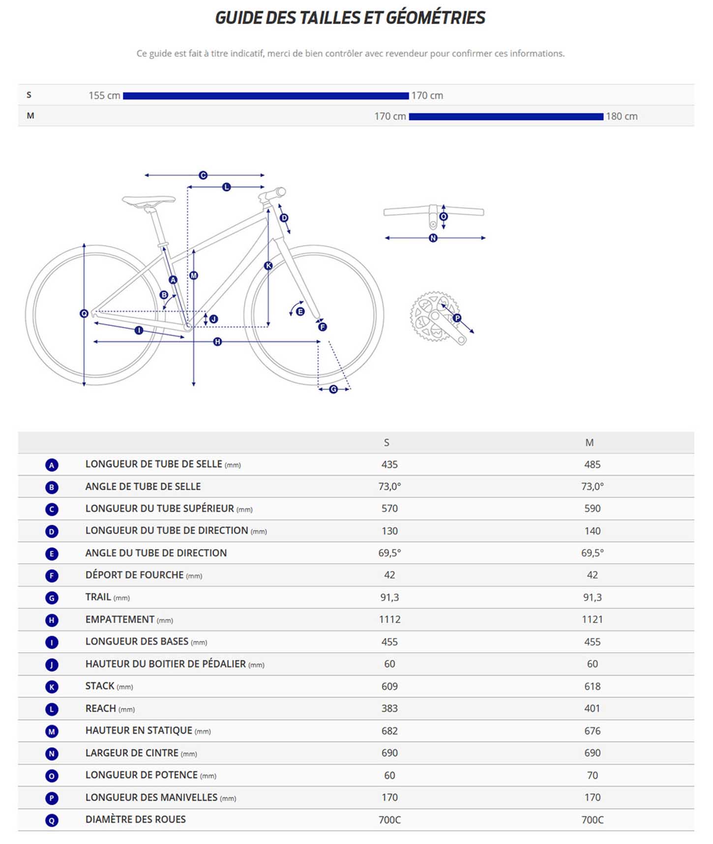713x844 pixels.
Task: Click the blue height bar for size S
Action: [x=266, y=96]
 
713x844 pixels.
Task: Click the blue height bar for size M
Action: [x=505, y=117]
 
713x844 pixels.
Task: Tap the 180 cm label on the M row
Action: [x=622, y=117]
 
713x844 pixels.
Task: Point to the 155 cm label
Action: [x=104, y=96]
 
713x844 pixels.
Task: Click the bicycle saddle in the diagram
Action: [x=149, y=200]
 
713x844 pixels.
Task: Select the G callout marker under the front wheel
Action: [x=333, y=390]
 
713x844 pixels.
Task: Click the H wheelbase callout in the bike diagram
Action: [x=217, y=342]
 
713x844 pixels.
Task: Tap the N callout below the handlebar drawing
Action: [x=433, y=238]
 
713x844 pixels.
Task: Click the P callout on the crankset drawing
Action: [x=457, y=318]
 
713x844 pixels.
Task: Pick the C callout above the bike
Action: [x=203, y=175]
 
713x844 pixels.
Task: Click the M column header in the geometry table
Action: [x=589, y=443]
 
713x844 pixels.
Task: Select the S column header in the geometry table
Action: [x=386, y=443]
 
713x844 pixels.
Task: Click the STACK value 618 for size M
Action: [x=592, y=687]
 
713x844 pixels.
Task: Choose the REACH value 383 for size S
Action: [x=389, y=709]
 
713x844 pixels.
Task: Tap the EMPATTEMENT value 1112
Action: [x=389, y=620]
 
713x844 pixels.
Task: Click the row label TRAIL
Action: [x=98, y=597]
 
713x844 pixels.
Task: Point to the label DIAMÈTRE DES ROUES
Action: [x=136, y=819]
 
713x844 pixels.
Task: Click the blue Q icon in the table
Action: [x=52, y=820]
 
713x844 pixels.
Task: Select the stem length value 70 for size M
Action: [x=592, y=776]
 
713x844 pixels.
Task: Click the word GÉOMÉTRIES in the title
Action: [x=436, y=18]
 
